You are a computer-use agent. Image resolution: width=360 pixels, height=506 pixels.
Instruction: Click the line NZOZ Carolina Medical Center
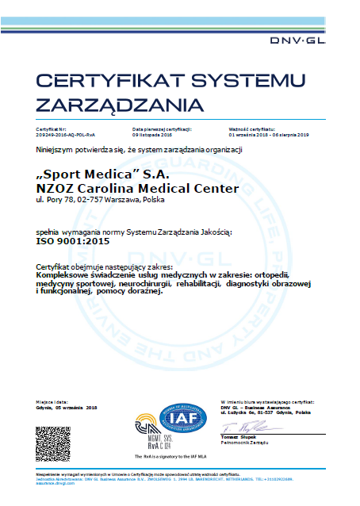tap(136, 188)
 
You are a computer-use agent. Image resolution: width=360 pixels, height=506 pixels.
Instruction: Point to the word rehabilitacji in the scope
tap(197, 283)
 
